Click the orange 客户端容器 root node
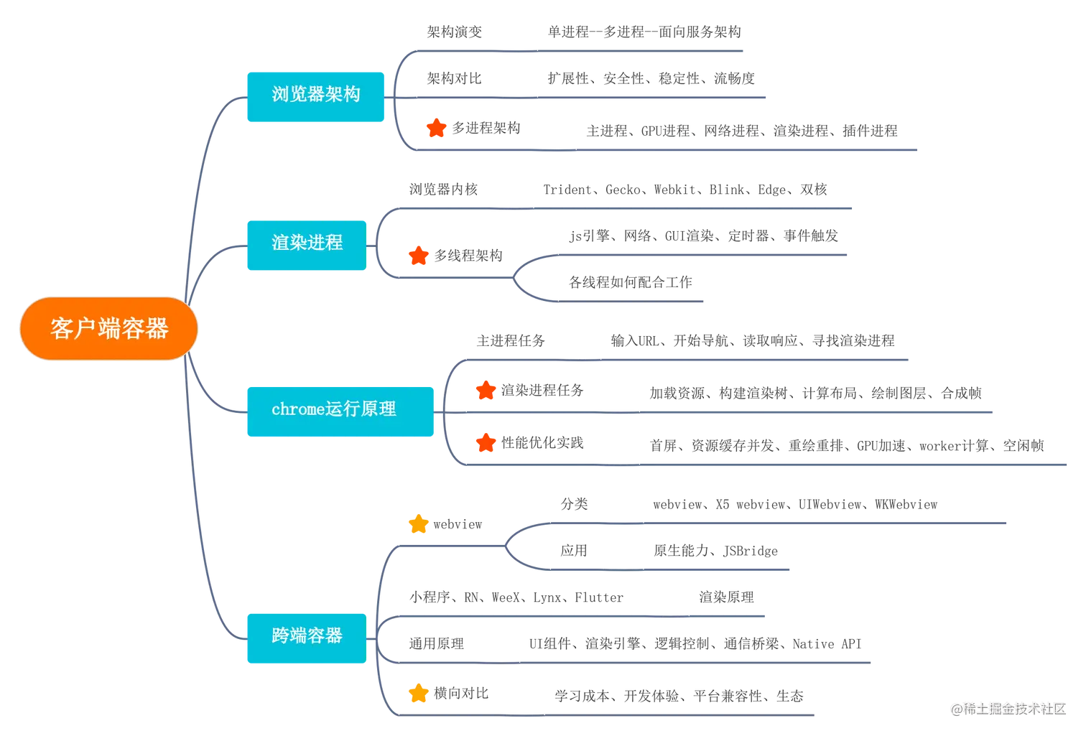[108, 328]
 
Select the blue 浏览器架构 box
[315, 95]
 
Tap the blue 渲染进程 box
[307, 243]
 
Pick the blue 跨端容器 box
[307, 635]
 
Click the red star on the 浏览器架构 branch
[436, 129]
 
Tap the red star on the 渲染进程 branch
[418, 256]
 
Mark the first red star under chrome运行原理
[486, 391]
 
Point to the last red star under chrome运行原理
[486, 443]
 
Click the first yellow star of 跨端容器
[418, 525]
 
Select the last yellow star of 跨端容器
[418, 694]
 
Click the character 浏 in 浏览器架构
[280, 95]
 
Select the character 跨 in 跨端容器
[280, 635]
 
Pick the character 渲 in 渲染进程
[280, 243]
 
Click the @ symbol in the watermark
[955, 709]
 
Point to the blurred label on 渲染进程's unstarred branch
[444, 190]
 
